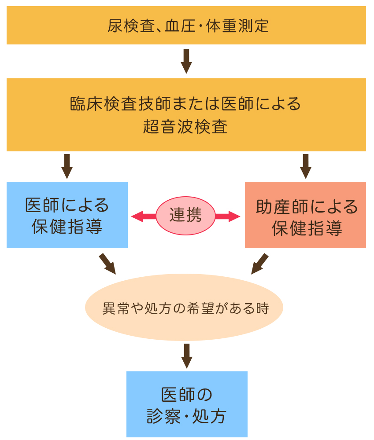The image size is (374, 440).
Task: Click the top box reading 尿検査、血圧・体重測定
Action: click(186, 25)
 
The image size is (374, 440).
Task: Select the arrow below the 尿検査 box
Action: click(186, 61)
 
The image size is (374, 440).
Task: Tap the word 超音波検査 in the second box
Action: click(185, 127)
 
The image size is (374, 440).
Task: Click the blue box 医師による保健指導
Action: click(67, 215)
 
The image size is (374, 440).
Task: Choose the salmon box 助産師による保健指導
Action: click(306, 215)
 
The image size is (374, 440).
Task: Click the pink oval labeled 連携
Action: click(186, 216)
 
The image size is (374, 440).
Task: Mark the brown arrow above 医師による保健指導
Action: click(67, 166)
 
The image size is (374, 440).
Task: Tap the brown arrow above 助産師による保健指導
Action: click(306, 166)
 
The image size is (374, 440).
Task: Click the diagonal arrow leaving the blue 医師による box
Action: click(107, 264)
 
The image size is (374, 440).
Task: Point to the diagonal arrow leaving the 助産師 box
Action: click(259, 264)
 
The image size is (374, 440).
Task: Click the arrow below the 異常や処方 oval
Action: click(187, 356)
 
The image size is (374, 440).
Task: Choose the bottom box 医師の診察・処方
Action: click(187, 404)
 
